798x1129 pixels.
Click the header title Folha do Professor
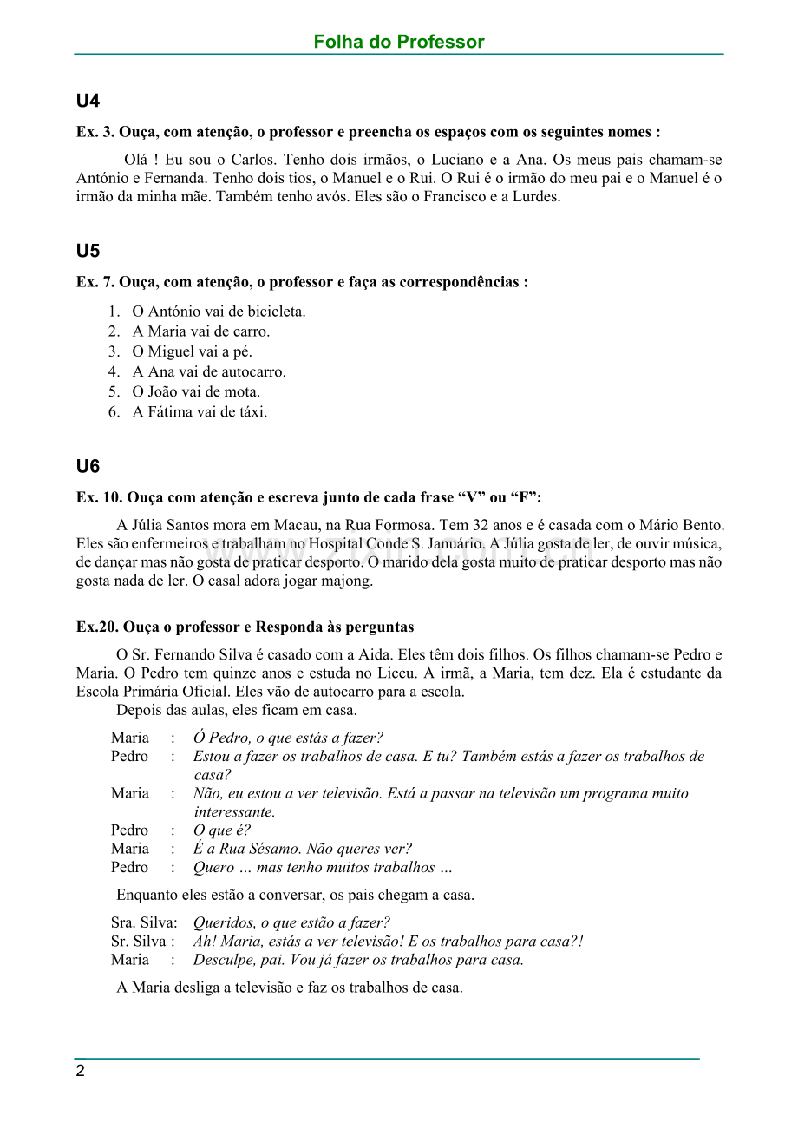(399, 42)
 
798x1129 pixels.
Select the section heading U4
(88, 102)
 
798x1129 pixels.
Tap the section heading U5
(88, 252)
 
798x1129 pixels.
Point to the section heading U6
(88, 467)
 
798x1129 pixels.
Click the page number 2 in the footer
(81, 1071)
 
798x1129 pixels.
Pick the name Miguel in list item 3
(170, 351)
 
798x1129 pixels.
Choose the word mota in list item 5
(244, 391)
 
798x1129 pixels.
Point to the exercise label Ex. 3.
(95, 133)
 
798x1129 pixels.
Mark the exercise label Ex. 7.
(95, 283)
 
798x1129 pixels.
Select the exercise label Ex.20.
(97, 627)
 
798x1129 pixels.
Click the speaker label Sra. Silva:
(144, 922)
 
